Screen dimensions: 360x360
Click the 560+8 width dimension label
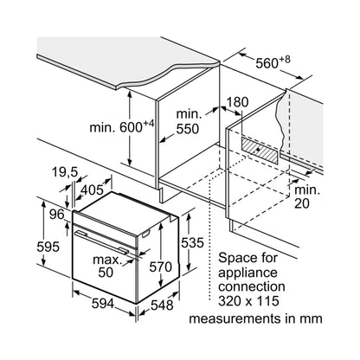273,62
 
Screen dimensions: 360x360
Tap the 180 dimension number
237,102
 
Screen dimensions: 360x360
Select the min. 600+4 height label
122,127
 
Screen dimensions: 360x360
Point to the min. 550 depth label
188,122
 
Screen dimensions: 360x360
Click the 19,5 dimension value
65,172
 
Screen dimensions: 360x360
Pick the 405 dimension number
92,190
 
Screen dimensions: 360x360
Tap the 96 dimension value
56,215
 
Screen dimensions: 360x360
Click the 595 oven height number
48,247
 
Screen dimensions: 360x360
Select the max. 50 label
106,266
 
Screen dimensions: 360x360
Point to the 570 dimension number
160,267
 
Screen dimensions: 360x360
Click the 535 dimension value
192,243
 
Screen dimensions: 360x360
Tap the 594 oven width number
103,304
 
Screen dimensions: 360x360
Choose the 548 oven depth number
162,305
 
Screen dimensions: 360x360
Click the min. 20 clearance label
307,196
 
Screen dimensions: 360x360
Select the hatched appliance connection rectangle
260,151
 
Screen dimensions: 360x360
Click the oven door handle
102,242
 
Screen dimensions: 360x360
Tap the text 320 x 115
248,301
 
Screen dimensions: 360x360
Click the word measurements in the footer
235,318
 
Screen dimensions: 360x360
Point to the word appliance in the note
247,273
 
